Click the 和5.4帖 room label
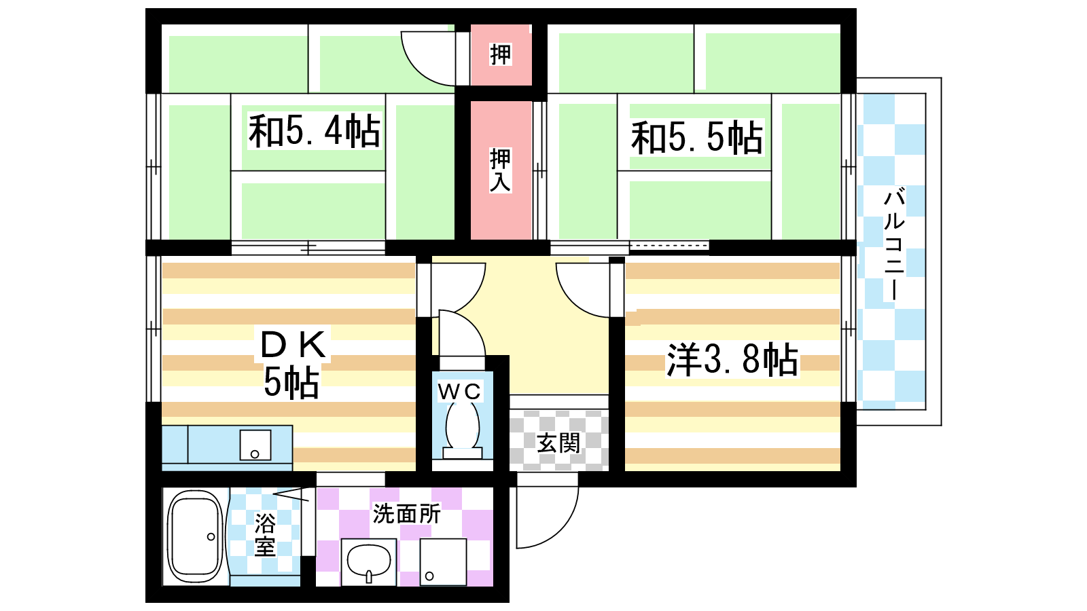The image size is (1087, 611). click(314, 131)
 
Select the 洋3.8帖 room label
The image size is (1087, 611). click(732, 360)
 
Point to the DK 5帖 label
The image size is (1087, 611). click(293, 364)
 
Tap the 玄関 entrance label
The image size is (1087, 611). click(558, 442)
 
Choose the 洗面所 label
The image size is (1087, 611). click(407, 513)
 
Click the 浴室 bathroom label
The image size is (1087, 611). click(265, 534)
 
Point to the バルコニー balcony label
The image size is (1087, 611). click(894, 245)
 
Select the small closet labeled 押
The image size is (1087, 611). click(501, 54)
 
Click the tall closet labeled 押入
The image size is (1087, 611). click(501, 170)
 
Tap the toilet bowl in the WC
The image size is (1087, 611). click(463, 426)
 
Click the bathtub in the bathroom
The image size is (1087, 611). click(196, 537)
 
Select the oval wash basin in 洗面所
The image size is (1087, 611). click(370, 561)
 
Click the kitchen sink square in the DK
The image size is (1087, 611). click(255, 445)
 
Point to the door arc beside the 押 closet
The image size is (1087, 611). click(417, 71)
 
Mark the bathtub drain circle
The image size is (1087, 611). click(211, 537)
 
